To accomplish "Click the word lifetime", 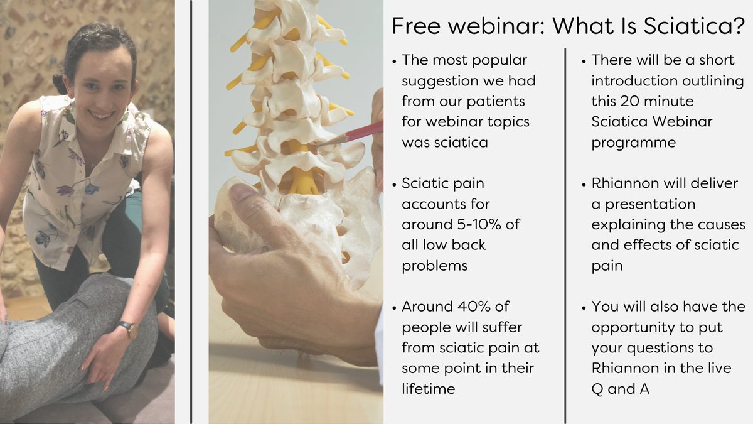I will click(429, 389).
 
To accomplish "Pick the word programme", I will click(634, 143).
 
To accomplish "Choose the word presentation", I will click(643, 204).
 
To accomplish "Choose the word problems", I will click(435, 266).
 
